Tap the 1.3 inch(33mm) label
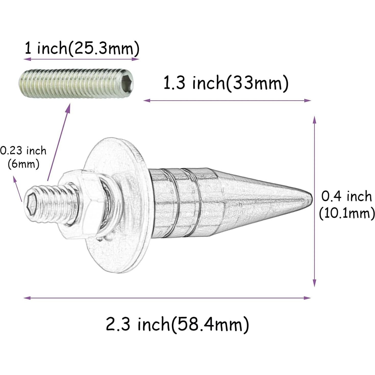(226, 83)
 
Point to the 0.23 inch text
(23, 151)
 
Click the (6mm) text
(23, 164)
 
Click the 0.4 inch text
(346, 197)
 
